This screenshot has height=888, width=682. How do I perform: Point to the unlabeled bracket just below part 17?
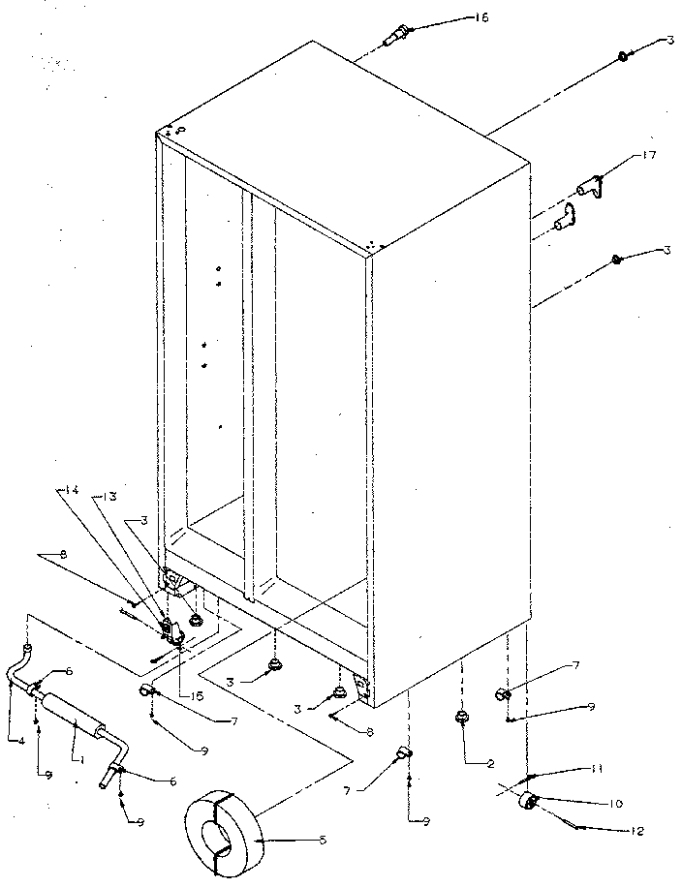coord(562,220)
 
